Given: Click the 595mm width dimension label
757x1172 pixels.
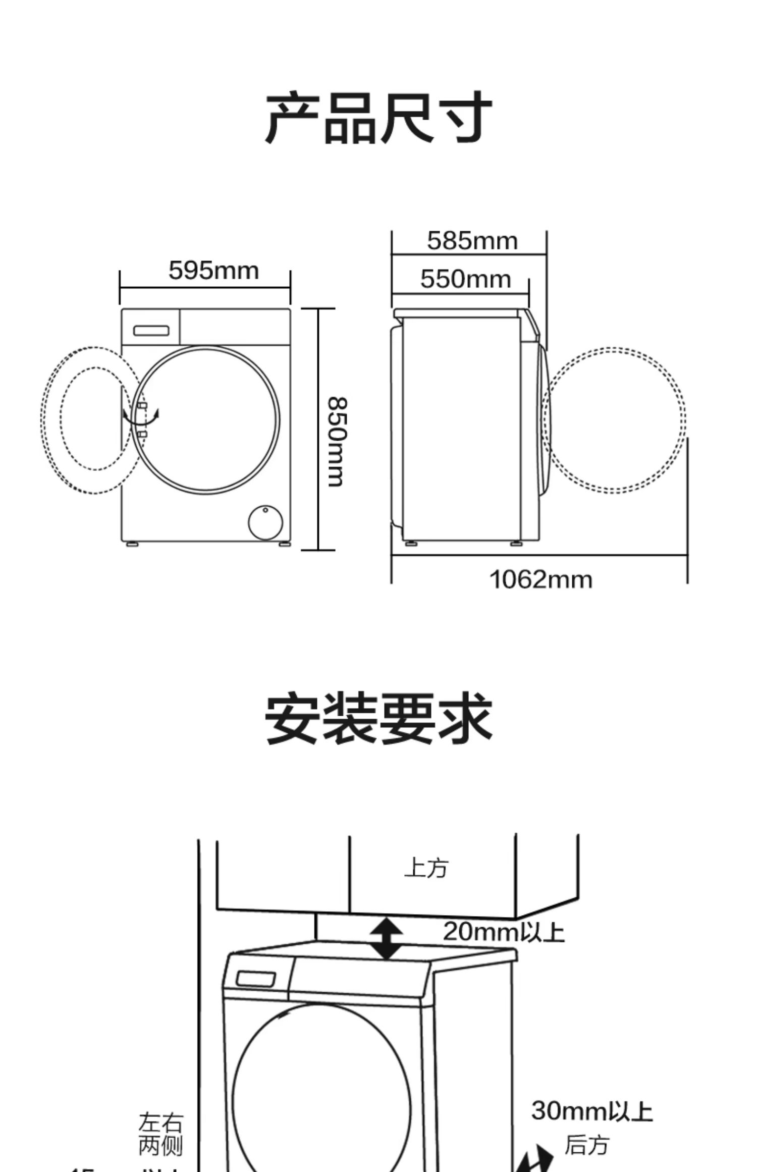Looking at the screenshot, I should pyautogui.click(x=213, y=271).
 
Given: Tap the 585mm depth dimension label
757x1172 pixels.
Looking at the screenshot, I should pyautogui.click(x=472, y=241).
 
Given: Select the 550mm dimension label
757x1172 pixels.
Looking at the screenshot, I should pyautogui.click(x=465, y=279).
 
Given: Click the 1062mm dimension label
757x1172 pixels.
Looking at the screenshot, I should pyautogui.click(x=540, y=579).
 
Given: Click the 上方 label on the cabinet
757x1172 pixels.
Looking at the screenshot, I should pyautogui.click(x=426, y=868).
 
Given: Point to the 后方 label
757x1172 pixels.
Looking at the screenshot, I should pyautogui.click(x=586, y=1145).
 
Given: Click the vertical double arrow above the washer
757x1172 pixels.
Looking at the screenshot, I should pyautogui.click(x=386, y=938).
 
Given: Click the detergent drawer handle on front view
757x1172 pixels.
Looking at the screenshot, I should pyautogui.click(x=151, y=331).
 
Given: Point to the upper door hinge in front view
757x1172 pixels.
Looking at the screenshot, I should pyautogui.click(x=142, y=405).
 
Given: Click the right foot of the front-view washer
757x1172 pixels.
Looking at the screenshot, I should pyautogui.click(x=284, y=545).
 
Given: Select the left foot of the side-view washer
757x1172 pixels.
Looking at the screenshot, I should pyautogui.click(x=411, y=544).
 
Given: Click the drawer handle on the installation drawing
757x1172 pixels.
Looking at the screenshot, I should pyautogui.click(x=256, y=979).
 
